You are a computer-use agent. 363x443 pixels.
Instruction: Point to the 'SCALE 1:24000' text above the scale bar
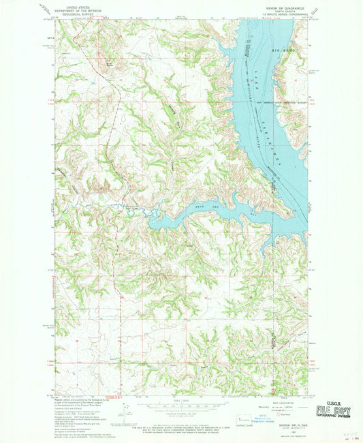click(180, 399)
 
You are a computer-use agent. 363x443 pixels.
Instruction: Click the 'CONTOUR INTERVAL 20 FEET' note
click(180, 414)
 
